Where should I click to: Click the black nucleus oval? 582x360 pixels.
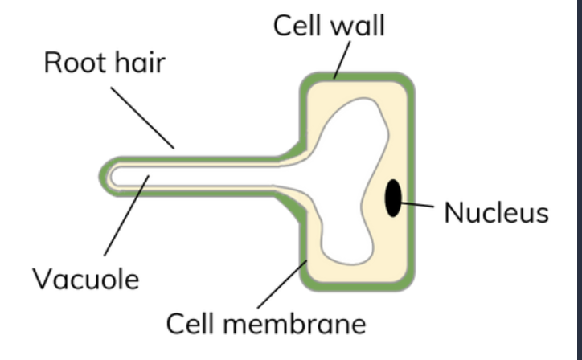393,198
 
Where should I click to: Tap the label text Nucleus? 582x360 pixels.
496,213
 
